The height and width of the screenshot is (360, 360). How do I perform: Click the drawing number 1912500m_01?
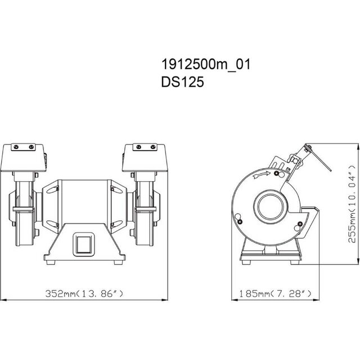(x=206, y=64)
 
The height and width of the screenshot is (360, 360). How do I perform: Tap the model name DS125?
(x=182, y=82)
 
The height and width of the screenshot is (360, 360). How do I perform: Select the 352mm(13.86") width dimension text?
(x=84, y=294)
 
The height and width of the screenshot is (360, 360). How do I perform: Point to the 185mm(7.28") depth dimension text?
(x=275, y=294)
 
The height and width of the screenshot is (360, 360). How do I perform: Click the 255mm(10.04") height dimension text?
(x=352, y=204)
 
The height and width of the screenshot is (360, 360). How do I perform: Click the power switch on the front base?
(x=84, y=244)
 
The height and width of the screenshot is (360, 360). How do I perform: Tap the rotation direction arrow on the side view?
(x=261, y=174)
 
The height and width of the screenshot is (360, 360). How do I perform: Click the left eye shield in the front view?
(x=23, y=157)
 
